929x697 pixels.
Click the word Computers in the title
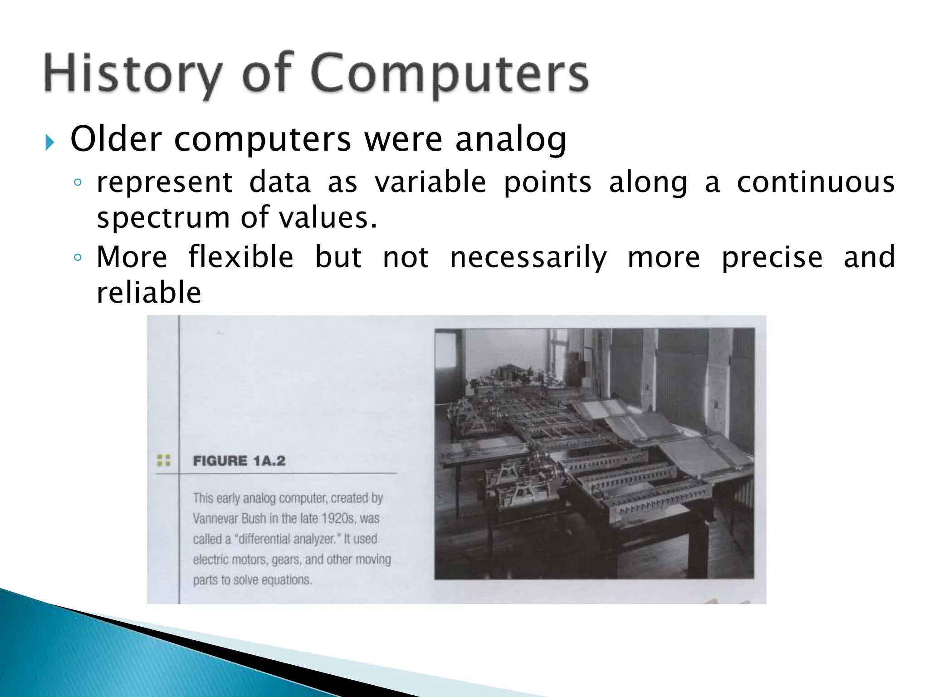point(450,75)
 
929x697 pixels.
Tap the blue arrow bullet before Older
point(49,144)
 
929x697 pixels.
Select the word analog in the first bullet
point(511,140)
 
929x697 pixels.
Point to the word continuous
point(815,182)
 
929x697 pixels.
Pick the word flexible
point(241,257)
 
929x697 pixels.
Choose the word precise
point(772,257)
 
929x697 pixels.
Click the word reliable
point(149,293)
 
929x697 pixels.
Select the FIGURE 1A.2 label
point(239,461)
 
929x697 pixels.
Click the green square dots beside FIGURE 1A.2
point(163,460)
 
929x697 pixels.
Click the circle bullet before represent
point(78,183)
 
